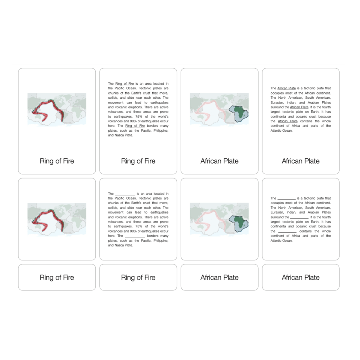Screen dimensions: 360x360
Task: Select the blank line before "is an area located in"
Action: pos(125,194)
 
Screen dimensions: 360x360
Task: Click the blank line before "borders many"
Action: pos(135,236)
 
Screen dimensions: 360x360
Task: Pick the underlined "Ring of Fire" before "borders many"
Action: pos(135,126)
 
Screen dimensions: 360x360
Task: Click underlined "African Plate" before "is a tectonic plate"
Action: pos(286,88)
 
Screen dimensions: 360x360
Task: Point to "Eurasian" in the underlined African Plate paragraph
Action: pos(277,102)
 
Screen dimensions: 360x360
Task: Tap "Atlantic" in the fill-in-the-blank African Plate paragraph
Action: pos(277,241)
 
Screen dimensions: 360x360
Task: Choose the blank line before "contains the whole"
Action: pos(287,232)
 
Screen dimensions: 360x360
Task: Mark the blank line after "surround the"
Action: pos(299,217)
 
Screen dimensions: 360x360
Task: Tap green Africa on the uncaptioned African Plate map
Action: pos(239,221)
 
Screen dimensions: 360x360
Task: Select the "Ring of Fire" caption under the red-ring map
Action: pos(57,161)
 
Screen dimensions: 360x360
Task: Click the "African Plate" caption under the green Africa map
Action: pos(219,161)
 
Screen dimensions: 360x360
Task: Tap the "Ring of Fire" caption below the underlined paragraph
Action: pos(138,161)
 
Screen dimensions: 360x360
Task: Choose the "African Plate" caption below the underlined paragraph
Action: pos(300,161)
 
